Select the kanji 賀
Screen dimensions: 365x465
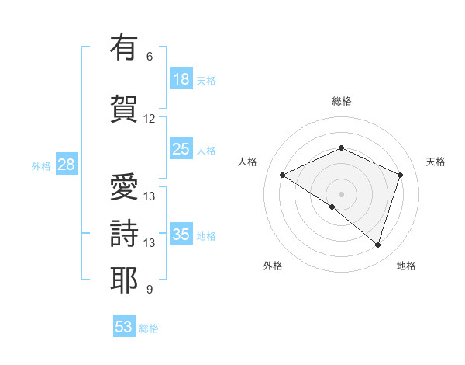(124, 108)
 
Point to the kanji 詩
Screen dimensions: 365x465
(124, 232)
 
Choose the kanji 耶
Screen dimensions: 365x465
(124, 279)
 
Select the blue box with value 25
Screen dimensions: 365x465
(181, 150)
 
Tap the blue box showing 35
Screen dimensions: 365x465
(181, 235)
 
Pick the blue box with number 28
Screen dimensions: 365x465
(66, 165)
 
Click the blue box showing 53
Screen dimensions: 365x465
(124, 327)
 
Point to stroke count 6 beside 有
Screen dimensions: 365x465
(149, 57)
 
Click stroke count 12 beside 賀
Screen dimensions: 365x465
(149, 119)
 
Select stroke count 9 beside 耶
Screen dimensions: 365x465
(149, 290)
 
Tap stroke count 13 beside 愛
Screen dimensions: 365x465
(149, 196)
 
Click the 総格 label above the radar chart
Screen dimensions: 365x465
(341, 101)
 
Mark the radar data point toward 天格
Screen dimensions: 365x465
(401, 175)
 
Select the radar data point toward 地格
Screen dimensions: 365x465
(377, 245)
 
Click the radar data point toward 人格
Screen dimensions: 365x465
(283, 175)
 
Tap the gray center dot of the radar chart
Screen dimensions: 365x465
(341, 193)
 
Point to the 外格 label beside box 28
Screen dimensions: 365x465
(41, 166)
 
